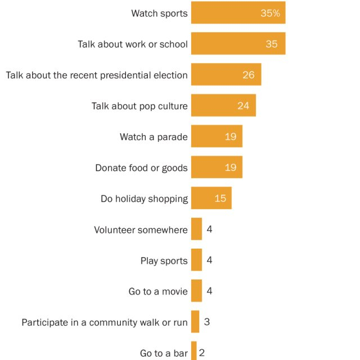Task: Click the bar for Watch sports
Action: coord(238,12)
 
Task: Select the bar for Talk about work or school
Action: coord(238,43)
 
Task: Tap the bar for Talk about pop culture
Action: coord(223,105)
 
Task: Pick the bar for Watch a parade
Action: coord(217,136)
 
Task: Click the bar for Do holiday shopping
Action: coord(211,198)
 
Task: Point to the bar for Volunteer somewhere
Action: coord(196,229)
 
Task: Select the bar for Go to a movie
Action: coord(196,291)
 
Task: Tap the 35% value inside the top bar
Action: coord(270,13)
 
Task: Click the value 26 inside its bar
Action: coord(249,75)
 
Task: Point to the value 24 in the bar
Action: coord(243,106)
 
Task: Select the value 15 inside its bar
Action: coord(220,199)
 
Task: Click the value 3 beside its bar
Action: coord(207,322)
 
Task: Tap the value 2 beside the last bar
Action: coord(202,353)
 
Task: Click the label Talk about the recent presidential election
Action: coord(97,75)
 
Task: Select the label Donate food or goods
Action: coord(141,168)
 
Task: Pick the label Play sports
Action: coord(164,260)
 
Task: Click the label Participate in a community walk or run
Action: coord(105,322)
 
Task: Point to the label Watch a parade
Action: coord(154,137)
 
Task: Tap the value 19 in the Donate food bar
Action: coord(230,168)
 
